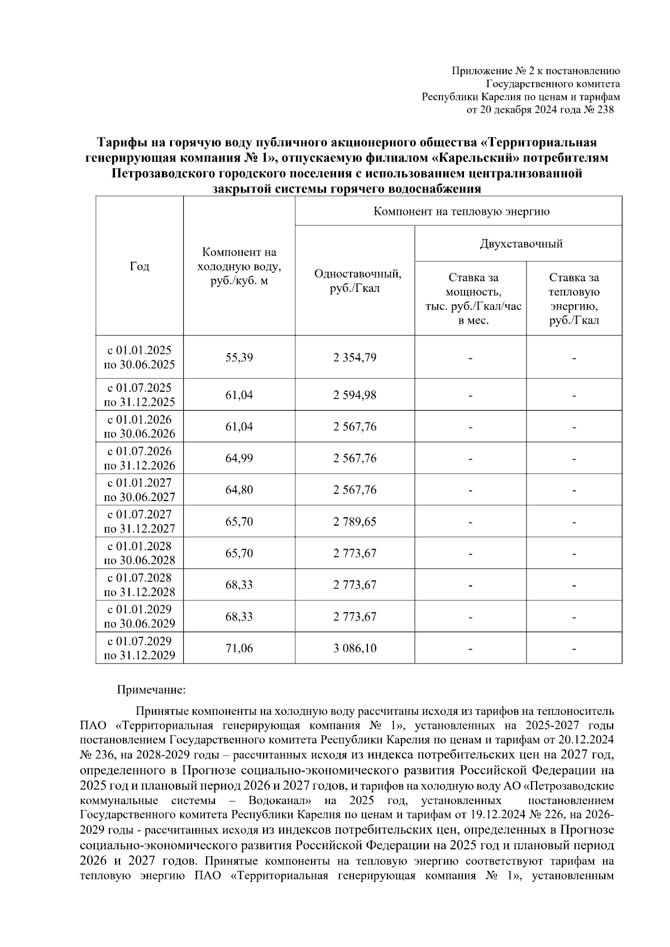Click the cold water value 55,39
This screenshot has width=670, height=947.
click(x=239, y=357)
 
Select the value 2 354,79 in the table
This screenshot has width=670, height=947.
click(x=355, y=357)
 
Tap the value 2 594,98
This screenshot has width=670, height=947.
click(x=355, y=395)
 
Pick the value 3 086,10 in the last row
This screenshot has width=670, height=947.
click(x=355, y=648)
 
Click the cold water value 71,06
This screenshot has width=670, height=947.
click(x=239, y=648)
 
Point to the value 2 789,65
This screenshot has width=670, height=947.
click(x=355, y=522)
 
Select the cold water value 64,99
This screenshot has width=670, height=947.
click(x=239, y=458)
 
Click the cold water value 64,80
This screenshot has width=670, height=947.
click(x=239, y=490)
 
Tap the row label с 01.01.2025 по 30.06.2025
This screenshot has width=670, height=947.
click(x=140, y=357)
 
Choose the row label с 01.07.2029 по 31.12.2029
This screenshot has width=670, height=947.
click(x=140, y=648)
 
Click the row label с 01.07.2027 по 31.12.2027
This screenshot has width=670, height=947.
click(x=140, y=522)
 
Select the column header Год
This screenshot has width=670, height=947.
click(x=140, y=267)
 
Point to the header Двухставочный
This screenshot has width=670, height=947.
click(x=520, y=244)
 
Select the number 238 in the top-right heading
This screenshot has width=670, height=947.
click(x=605, y=110)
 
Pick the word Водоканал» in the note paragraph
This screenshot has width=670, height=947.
click(x=283, y=801)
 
